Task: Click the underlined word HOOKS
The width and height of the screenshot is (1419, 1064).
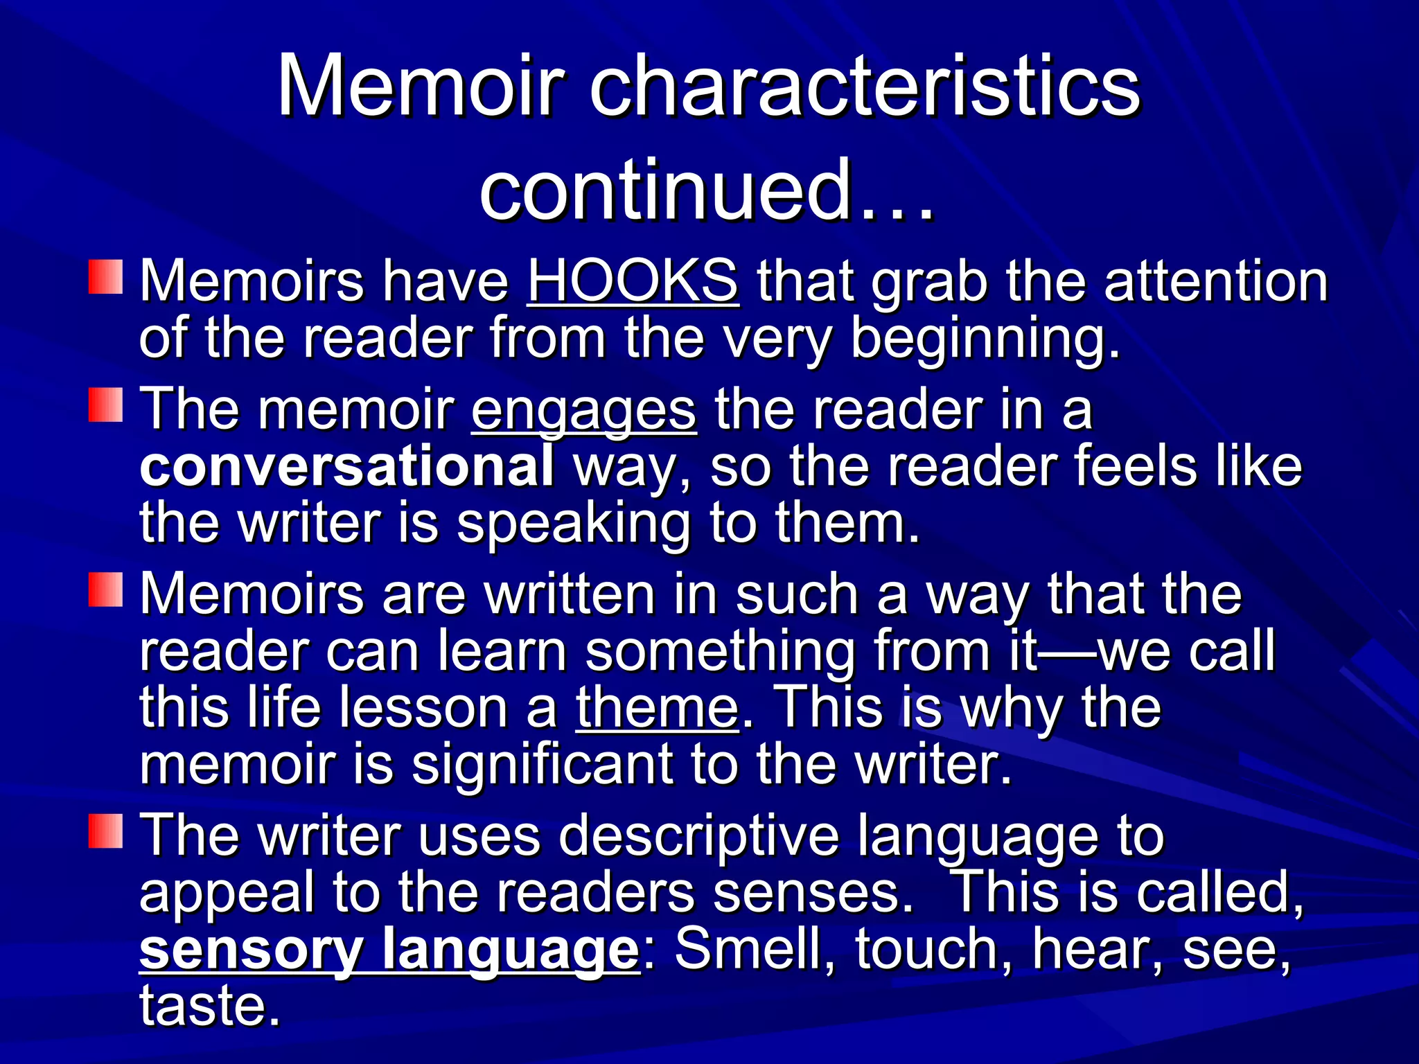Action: point(633,281)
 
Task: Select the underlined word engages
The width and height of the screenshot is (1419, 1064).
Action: point(583,410)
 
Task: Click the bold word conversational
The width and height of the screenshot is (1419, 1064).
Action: point(346,466)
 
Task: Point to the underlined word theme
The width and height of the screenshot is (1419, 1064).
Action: point(657,707)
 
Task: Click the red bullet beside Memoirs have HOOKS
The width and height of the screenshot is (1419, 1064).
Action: point(105,277)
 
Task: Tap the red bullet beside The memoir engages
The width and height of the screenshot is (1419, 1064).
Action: point(105,405)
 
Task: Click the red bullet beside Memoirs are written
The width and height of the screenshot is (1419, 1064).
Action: point(105,589)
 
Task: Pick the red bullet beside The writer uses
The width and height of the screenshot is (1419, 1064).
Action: point(105,831)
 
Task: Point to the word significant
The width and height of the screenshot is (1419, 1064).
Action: point(542,765)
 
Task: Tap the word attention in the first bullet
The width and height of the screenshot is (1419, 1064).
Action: point(1215,281)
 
